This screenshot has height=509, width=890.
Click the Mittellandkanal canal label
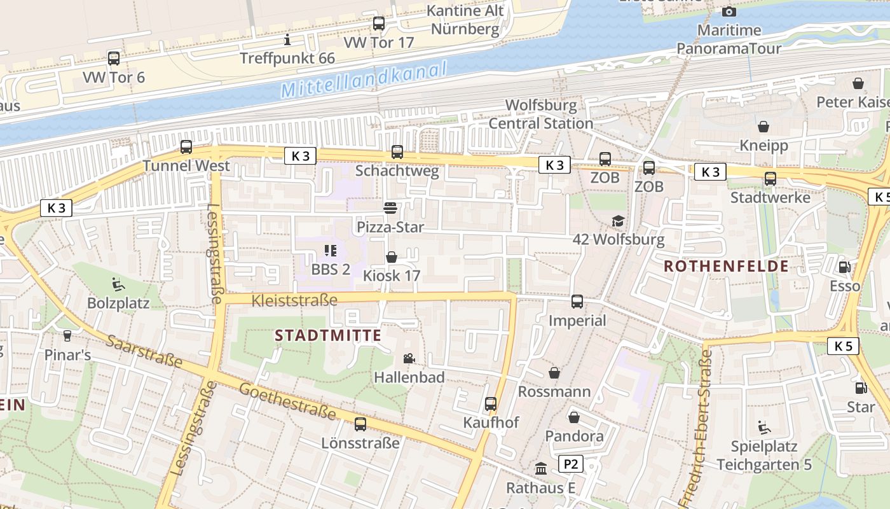[x=364, y=80]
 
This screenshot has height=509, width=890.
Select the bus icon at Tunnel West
[x=186, y=147]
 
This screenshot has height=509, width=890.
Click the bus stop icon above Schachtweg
[x=397, y=152]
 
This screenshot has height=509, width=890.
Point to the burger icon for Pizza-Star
[x=390, y=208]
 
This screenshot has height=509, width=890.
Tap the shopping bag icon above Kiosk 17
[x=392, y=257]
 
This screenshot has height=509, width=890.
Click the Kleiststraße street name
[x=294, y=300]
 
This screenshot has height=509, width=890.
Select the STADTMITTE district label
[x=328, y=335]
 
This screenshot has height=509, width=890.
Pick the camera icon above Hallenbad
[x=409, y=359]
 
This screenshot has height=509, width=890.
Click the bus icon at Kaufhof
[x=491, y=404]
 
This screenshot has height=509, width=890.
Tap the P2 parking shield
[x=571, y=464]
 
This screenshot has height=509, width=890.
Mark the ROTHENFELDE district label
[x=726, y=266]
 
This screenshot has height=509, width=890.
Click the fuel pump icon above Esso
[x=845, y=267]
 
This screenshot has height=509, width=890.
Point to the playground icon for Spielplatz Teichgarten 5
[x=764, y=428]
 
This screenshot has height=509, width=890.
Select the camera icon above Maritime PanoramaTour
[x=729, y=11]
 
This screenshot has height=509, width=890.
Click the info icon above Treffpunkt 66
[x=287, y=39]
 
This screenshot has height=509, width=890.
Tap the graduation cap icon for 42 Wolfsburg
[x=618, y=221]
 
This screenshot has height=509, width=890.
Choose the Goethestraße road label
[x=288, y=401]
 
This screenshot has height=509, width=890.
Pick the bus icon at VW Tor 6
[x=114, y=59]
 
